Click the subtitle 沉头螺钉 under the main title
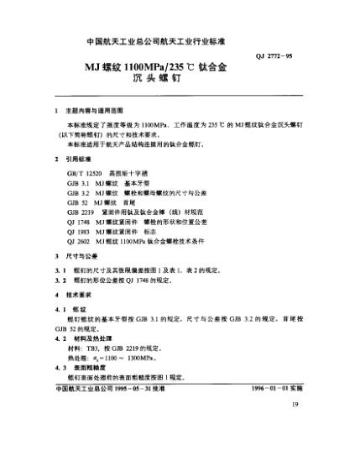(180, 85)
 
